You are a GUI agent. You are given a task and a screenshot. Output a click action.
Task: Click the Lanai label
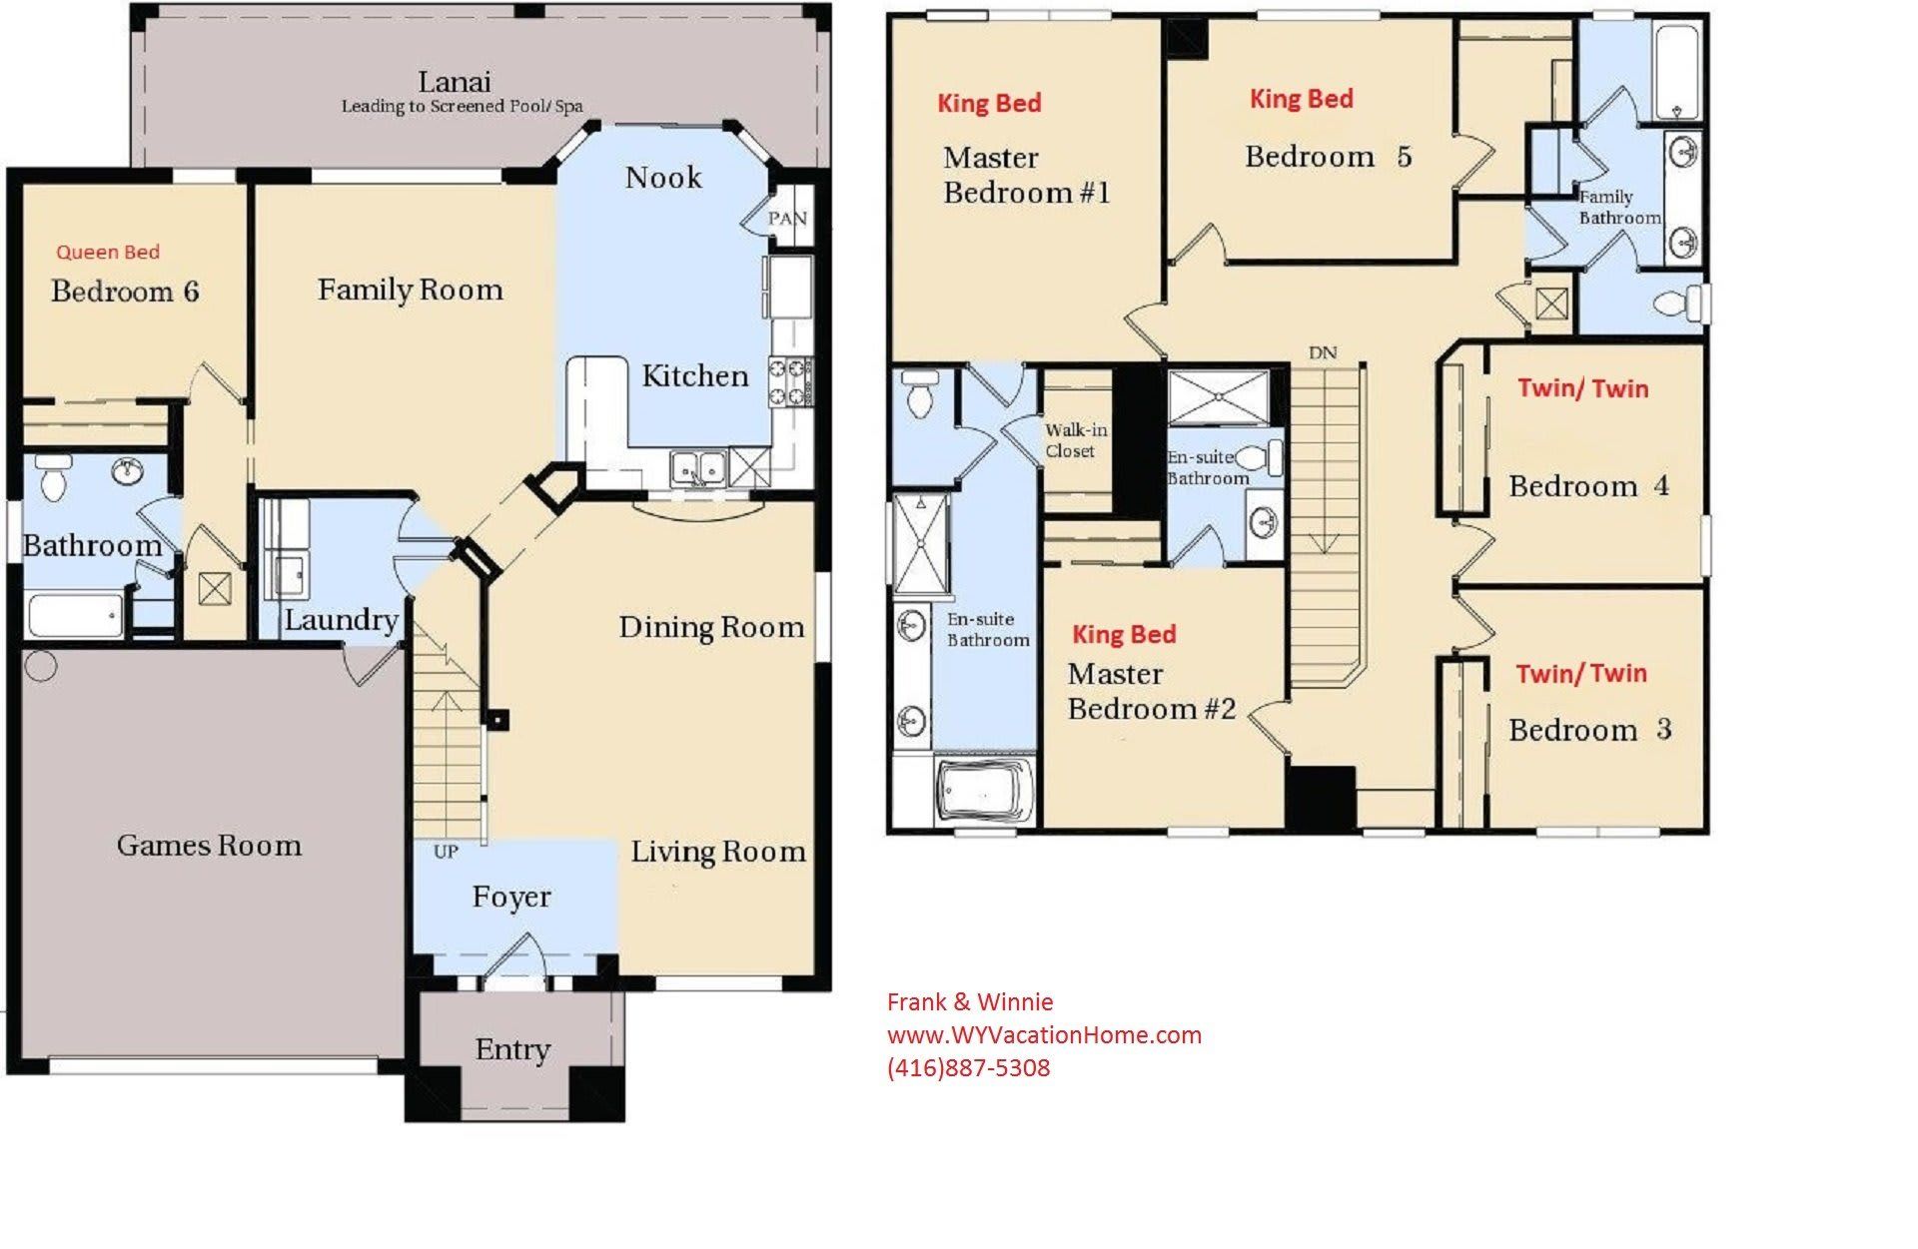pos(454,82)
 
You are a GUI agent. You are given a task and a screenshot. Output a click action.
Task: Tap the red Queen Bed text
pos(108,252)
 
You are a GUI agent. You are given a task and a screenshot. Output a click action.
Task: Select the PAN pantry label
pos(787,219)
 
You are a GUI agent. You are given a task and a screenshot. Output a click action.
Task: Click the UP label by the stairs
pos(446,852)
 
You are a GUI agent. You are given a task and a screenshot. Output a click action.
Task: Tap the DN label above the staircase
pos(1323,352)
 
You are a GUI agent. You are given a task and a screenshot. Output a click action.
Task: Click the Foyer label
pos(510,897)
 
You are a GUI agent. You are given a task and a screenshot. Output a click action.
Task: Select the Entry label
pos(512,1049)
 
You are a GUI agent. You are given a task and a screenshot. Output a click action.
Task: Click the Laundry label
pos(341,620)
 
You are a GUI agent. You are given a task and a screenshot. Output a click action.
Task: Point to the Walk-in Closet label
pos(1076,440)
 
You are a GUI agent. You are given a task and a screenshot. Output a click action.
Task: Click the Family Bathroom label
pos(1618,207)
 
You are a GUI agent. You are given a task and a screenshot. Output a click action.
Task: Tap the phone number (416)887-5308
pos(968,1068)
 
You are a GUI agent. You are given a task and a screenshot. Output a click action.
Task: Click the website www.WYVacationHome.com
pos(1044,1035)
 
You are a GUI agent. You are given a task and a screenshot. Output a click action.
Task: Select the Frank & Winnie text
pos(970,1002)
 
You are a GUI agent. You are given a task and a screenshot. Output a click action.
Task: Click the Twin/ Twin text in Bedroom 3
pos(1580,674)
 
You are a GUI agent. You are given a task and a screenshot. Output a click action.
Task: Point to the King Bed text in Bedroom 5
pos(1301,99)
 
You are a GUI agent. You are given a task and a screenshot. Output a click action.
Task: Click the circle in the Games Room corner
pos(41,665)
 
